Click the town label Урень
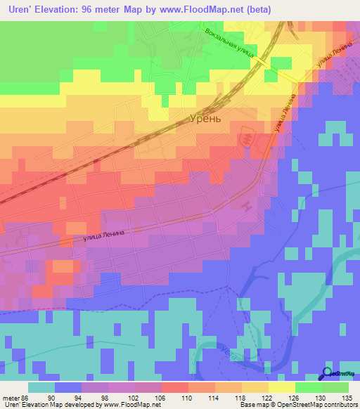[x=205, y=118]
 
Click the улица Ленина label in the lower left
[x=103, y=237]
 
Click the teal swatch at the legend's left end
[x=41, y=387]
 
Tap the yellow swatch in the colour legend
[x=282, y=387]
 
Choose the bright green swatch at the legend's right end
[x=335, y=387]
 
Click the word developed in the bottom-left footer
[x=81, y=405]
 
